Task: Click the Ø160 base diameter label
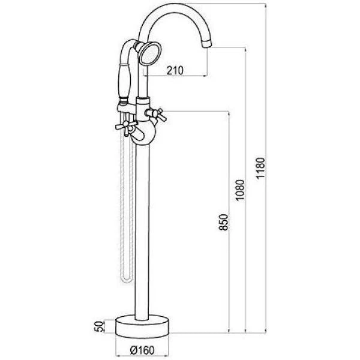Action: [144, 349]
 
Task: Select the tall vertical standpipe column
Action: [145, 228]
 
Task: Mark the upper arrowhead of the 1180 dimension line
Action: [265, 5]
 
